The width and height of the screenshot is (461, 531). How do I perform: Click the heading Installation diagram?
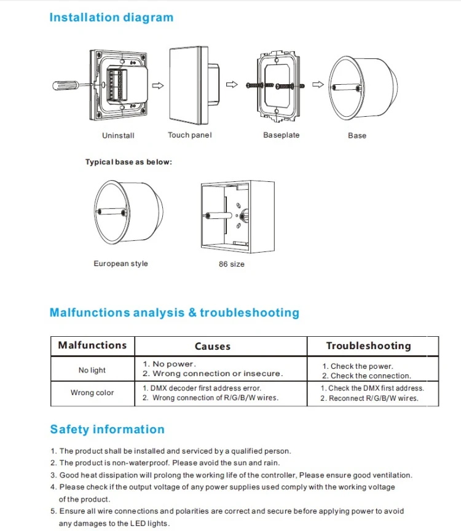point(111,17)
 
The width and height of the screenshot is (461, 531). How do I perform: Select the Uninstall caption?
point(118,135)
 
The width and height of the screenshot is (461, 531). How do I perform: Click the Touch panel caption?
point(190,135)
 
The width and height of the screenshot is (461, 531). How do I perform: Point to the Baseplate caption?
point(281,135)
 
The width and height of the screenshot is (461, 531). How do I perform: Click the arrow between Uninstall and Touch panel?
point(157,85)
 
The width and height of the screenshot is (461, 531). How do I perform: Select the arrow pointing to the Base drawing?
point(319,85)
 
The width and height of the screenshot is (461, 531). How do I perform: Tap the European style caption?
point(120,264)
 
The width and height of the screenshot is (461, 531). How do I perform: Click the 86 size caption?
point(231,264)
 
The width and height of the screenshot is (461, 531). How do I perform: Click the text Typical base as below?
point(128,162)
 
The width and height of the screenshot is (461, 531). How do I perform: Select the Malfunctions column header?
point(92,345)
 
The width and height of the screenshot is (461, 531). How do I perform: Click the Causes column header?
point(212,347)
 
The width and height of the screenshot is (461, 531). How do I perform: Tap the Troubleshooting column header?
point(368,346)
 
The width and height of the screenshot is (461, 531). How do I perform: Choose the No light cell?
point(92,370)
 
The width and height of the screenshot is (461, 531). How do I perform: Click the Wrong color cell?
point(92,393)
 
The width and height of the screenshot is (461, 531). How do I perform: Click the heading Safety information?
point(107,430)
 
